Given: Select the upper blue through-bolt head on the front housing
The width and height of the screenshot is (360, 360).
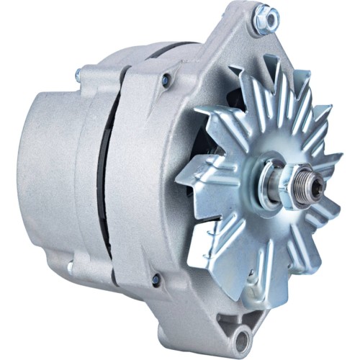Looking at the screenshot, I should click(x=166, y=80).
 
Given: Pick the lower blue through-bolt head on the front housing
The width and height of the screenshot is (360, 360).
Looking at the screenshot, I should click(x=155, y=279).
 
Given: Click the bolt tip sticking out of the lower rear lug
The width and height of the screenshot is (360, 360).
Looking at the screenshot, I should click(x=70, y=267).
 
